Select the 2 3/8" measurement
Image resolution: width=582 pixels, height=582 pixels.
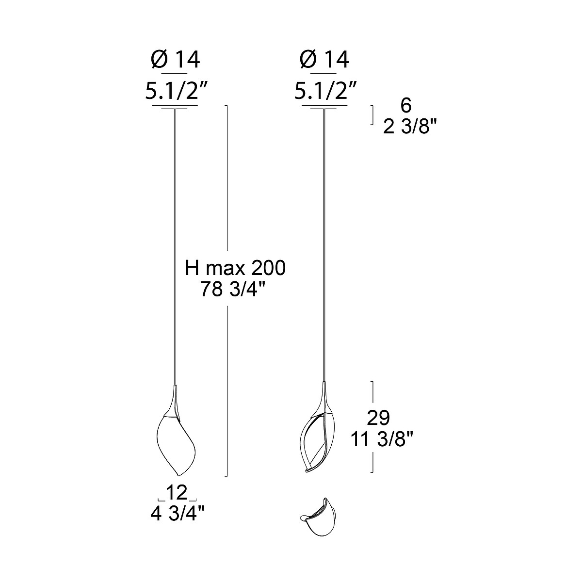[x=410, y=127]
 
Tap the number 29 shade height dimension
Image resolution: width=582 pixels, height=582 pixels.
[x=378, y=418]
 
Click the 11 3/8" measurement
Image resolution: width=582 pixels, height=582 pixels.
[x=382, y=439]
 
